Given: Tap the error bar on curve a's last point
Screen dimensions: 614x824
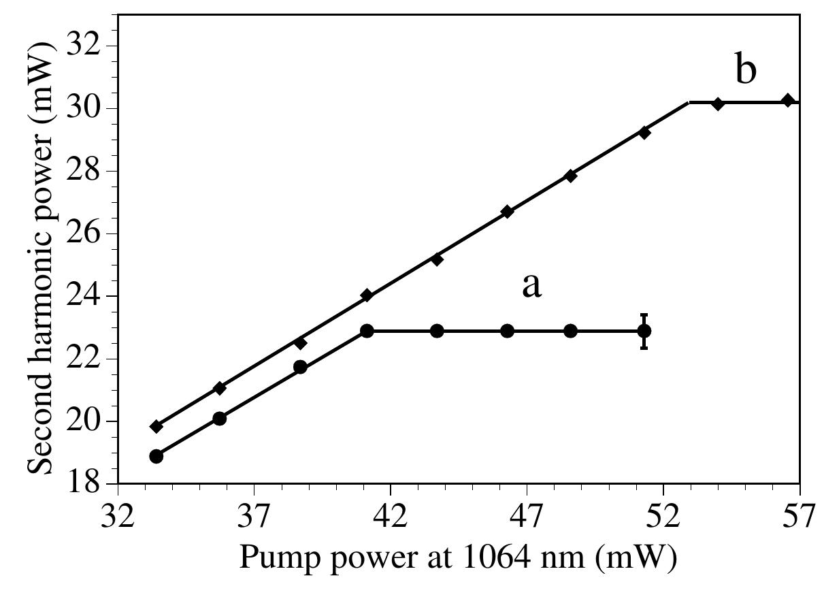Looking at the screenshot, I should point(644,331).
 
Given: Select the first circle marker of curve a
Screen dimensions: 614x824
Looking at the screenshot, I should point(156,456).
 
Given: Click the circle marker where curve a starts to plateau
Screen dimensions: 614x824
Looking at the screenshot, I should point(367,331).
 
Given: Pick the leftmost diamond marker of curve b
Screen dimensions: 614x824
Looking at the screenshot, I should point(156,427).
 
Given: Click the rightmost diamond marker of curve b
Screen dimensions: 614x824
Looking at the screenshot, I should point(787,100).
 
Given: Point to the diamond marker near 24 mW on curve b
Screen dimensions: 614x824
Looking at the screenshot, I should point(367,295).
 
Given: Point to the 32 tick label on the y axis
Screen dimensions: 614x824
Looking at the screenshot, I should point(86,46).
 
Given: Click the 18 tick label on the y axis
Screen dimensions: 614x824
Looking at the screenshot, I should point(86,484).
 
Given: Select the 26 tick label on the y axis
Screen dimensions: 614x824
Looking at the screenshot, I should point(86,233).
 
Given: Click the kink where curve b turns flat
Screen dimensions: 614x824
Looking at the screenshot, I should point(689,103).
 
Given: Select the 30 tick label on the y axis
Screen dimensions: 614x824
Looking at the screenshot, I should point(86,108).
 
